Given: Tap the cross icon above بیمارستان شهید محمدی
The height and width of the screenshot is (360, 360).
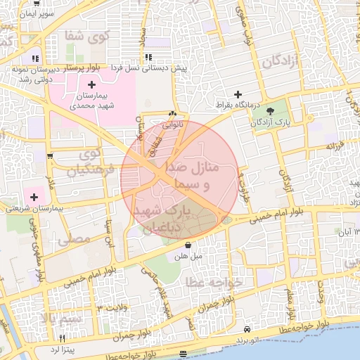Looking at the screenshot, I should click(x=91, y=85).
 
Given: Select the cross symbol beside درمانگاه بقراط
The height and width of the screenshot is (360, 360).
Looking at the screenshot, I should click(x=238, y=94).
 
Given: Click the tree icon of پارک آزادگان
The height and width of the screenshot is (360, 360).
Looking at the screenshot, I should click(x=271, y=110).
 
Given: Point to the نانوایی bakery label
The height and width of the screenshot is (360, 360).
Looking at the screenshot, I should click(x=173, y=125).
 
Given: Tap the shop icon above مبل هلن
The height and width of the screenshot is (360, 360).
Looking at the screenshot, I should click(x=188, y=245).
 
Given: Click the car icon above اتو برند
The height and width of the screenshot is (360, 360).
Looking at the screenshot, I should click(x=247, y=329).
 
